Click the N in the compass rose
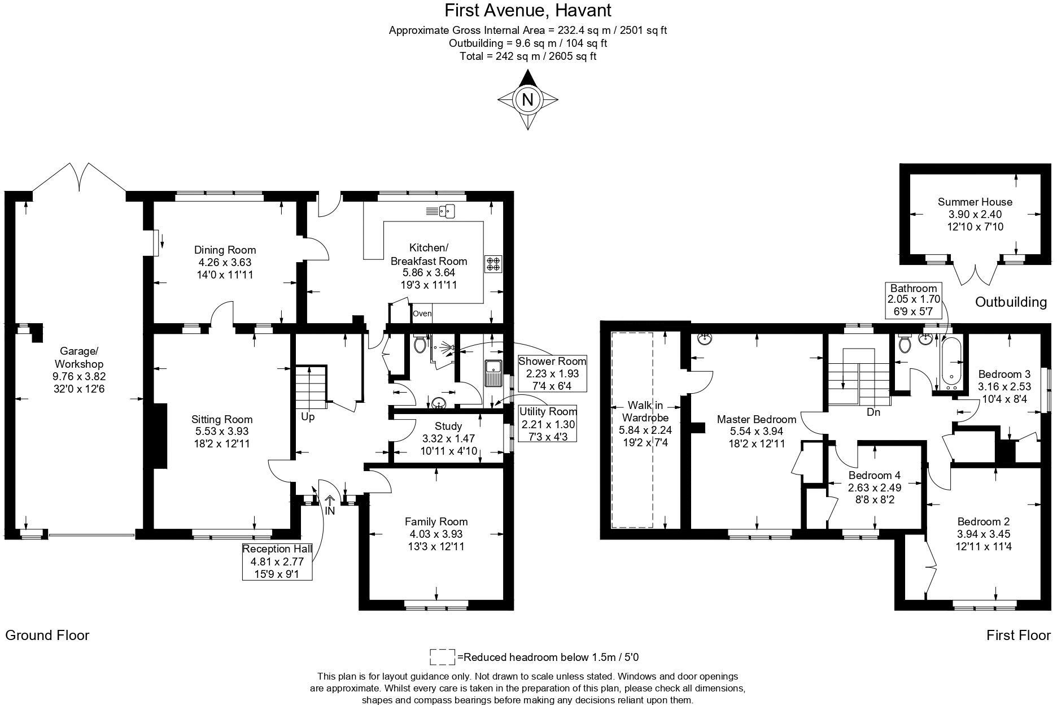(x=527, y=100)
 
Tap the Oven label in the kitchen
(x=422, y=314)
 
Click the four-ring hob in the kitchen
(x=492, y=264)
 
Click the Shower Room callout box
(x=552, y=373)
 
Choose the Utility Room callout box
(x=547, y=424)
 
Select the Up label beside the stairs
(x=308, y=417)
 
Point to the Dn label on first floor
(x=873, y=412)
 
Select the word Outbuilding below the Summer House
(x=1011, y=302)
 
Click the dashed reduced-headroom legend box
(x=442, y=657)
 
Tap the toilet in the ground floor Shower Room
(x=420, y=343)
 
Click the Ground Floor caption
(x=47, y=635)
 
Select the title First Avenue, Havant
(x=527, y=10)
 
